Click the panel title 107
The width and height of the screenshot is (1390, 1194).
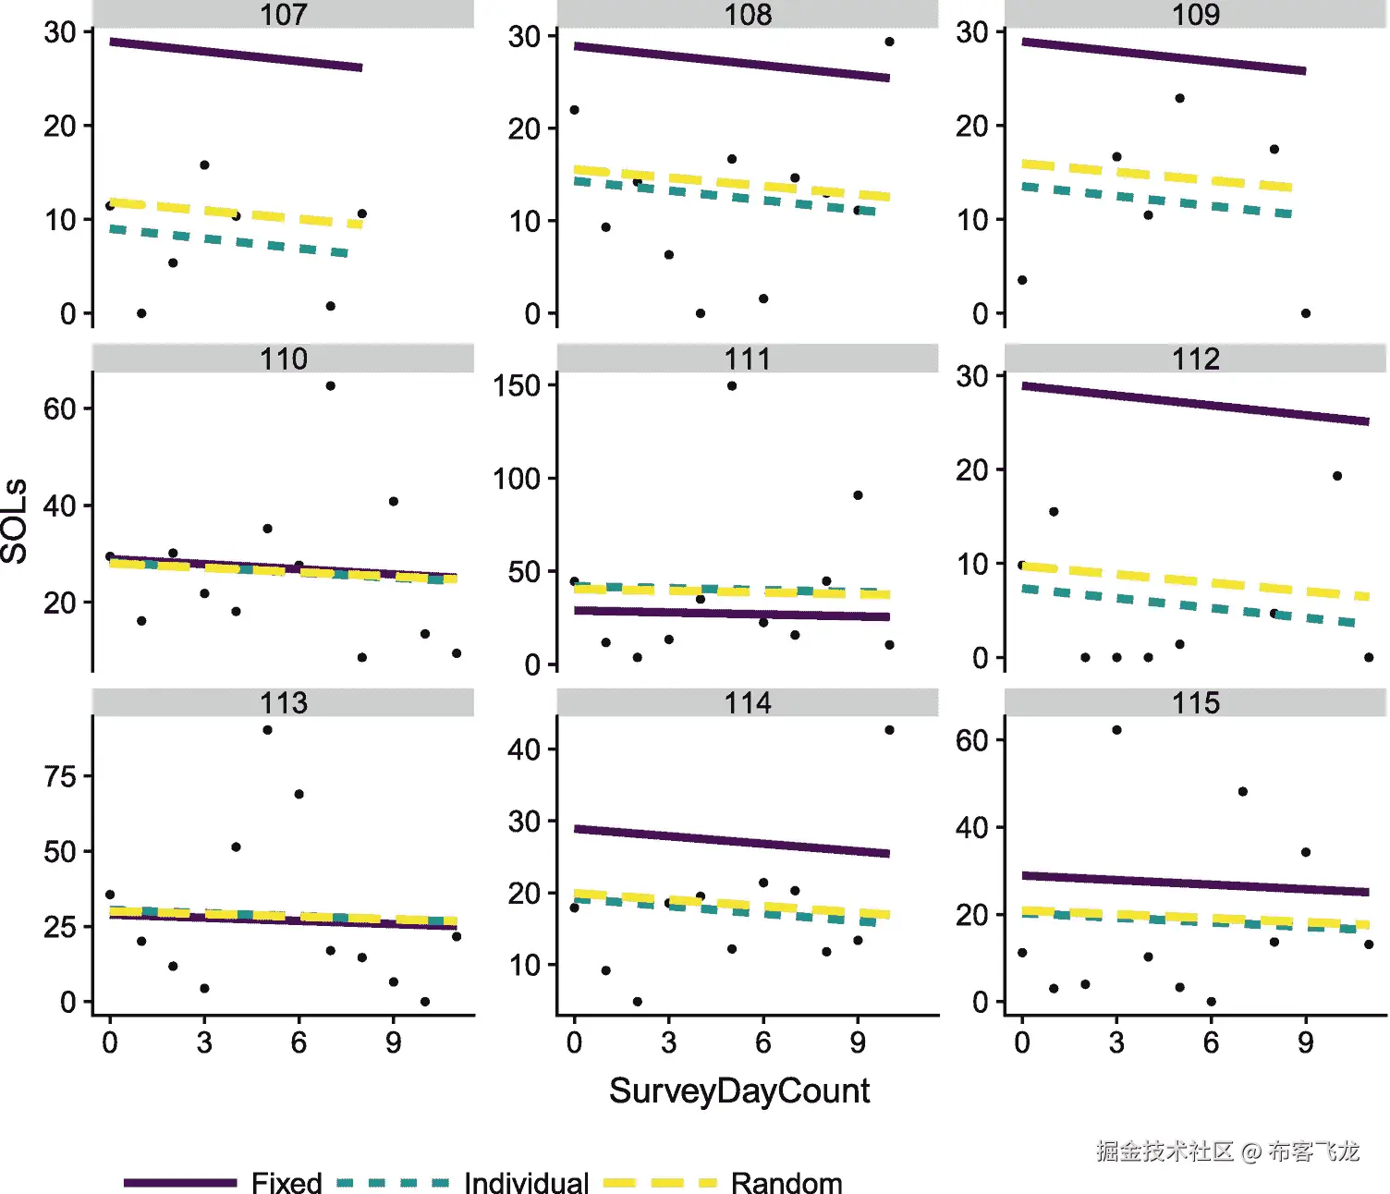pyautogui.click(x=283, y=15)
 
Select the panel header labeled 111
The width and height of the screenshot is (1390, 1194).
pyautogui.click(x=747, y=359)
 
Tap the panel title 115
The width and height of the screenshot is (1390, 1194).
pyautogui.click(x=1195, y=702)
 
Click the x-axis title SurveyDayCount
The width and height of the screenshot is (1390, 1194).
pyautogui.click(x=738, y=1090)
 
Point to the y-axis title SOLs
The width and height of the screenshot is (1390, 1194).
pyautogui.click(x=15, y=521)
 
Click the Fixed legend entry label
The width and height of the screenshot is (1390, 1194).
pyautogui.click(x=287, y=1182)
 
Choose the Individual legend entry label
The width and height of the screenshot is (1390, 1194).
pyautogui.click(x=526, y=1182)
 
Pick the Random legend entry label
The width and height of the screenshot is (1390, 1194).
pyautogui.click(x=786, y=1182)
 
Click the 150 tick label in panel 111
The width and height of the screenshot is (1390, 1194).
pyautogui.click(x=517, y=385)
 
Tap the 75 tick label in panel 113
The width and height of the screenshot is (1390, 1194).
pyautogui.click(x=60, y=776)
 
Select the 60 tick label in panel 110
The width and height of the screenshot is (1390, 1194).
pyautogui.click(x=60, y=408)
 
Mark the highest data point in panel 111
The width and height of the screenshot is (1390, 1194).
pyautogui.click(x=732, y=386)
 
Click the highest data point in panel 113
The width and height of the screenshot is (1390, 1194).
pyautogui.click(x=267, y=730)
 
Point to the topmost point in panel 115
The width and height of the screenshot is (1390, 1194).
pyautogui.click(x=1116, y=730)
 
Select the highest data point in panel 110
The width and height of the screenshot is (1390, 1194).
pyautogui.click(x=330, y=386)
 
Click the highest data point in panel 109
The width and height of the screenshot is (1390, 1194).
pyautogui.click(x=1179, y=98)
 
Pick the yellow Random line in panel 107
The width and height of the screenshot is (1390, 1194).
pyautogui.click(x=236, y=213)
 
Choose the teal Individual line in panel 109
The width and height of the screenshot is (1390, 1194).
pyautogui.click(x=1155, y=200)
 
